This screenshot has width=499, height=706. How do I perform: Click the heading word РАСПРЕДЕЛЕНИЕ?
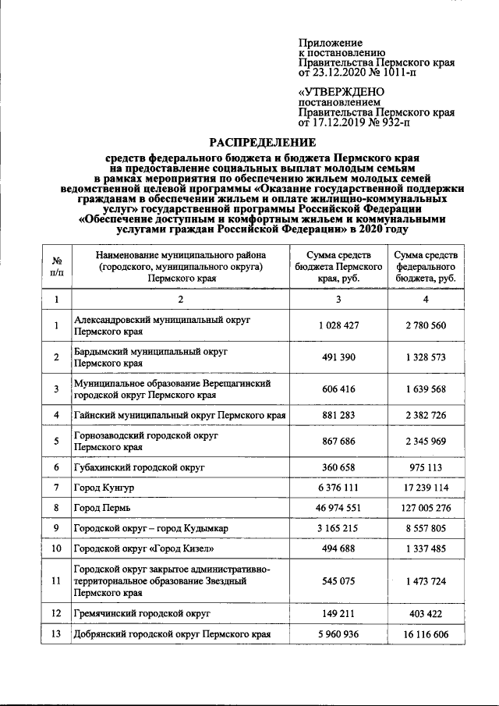click(x=262, y=143)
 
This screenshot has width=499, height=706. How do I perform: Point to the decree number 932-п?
click(x=395, y=122)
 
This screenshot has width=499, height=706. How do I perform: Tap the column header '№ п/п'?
click(x=57, y=266)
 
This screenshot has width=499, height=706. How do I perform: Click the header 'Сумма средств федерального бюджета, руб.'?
click(x=426, y=266)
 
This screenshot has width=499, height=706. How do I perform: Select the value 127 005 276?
click(x=426, y=508)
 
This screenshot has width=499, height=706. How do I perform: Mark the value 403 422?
click(x=426, y=614)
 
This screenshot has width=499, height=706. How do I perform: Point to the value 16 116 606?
click(x=426, y=634)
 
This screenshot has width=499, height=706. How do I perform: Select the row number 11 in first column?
click(x=57, y=580)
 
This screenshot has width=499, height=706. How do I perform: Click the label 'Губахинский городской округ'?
click(x=138, y=467)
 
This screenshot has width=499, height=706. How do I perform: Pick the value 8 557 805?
click(x=426, y=528)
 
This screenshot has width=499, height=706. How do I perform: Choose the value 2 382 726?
click(x=426, y=415)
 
